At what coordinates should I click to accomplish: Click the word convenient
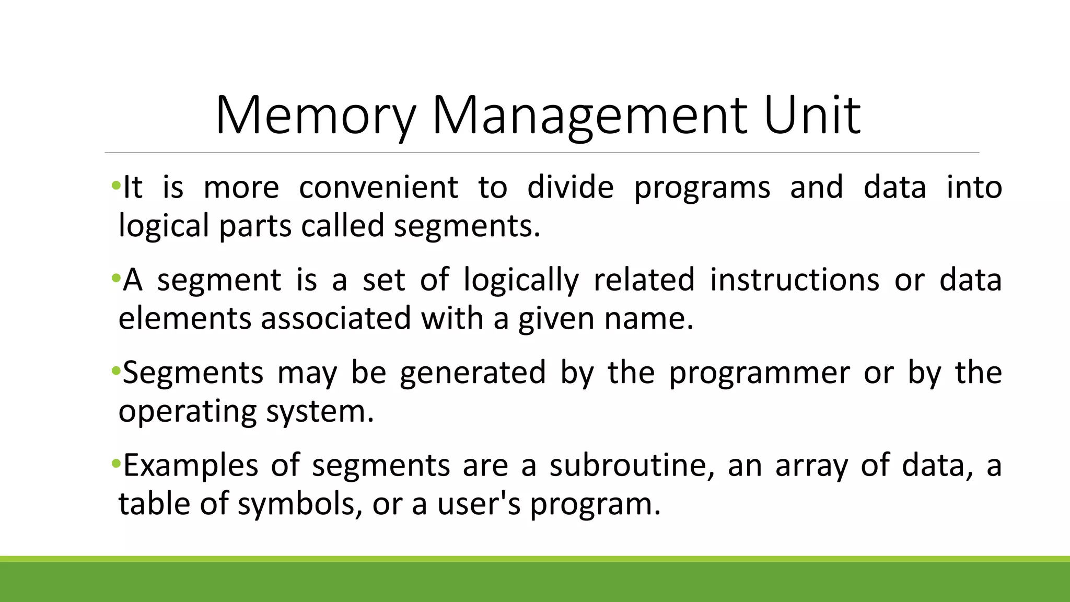[379, 188]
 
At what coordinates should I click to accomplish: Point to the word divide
[571, 188]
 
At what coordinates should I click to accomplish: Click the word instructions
[795, 280]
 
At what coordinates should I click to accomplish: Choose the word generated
[473, 373]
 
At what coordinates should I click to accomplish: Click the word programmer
[759, 373]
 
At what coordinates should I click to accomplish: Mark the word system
[320, 412]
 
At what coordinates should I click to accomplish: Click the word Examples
[191, 466]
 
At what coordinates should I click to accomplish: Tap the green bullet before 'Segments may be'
[115, 371]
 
